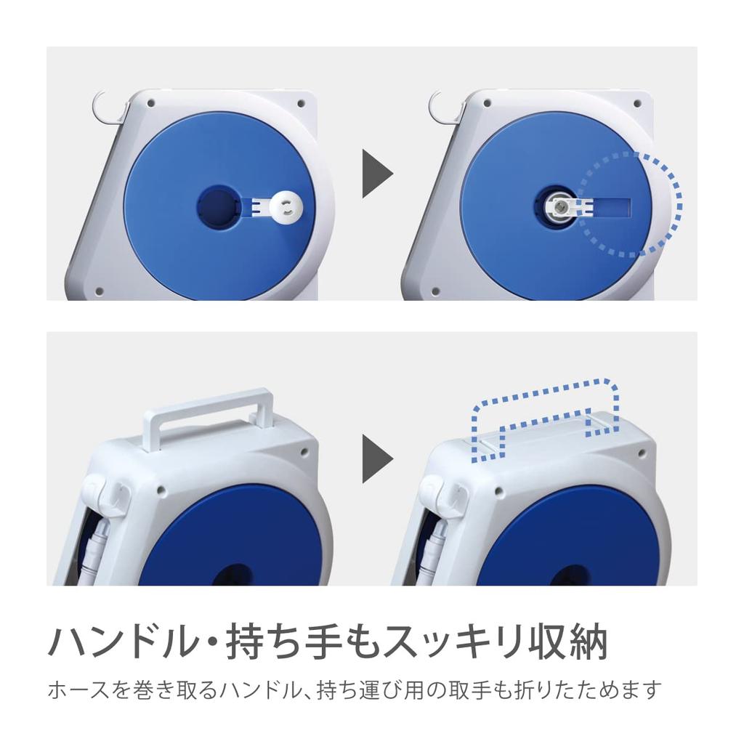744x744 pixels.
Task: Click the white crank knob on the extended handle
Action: pyautogui.click(x=288, y=207)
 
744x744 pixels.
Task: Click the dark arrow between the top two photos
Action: pyautogui.click(x=376, y=174)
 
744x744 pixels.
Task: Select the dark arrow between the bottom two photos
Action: pyautogui.click(x=376, y=459)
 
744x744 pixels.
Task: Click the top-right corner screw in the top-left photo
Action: pyautogui.click(x=300, y=104)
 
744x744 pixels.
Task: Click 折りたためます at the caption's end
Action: pyautogui.click(x=589, y=690)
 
